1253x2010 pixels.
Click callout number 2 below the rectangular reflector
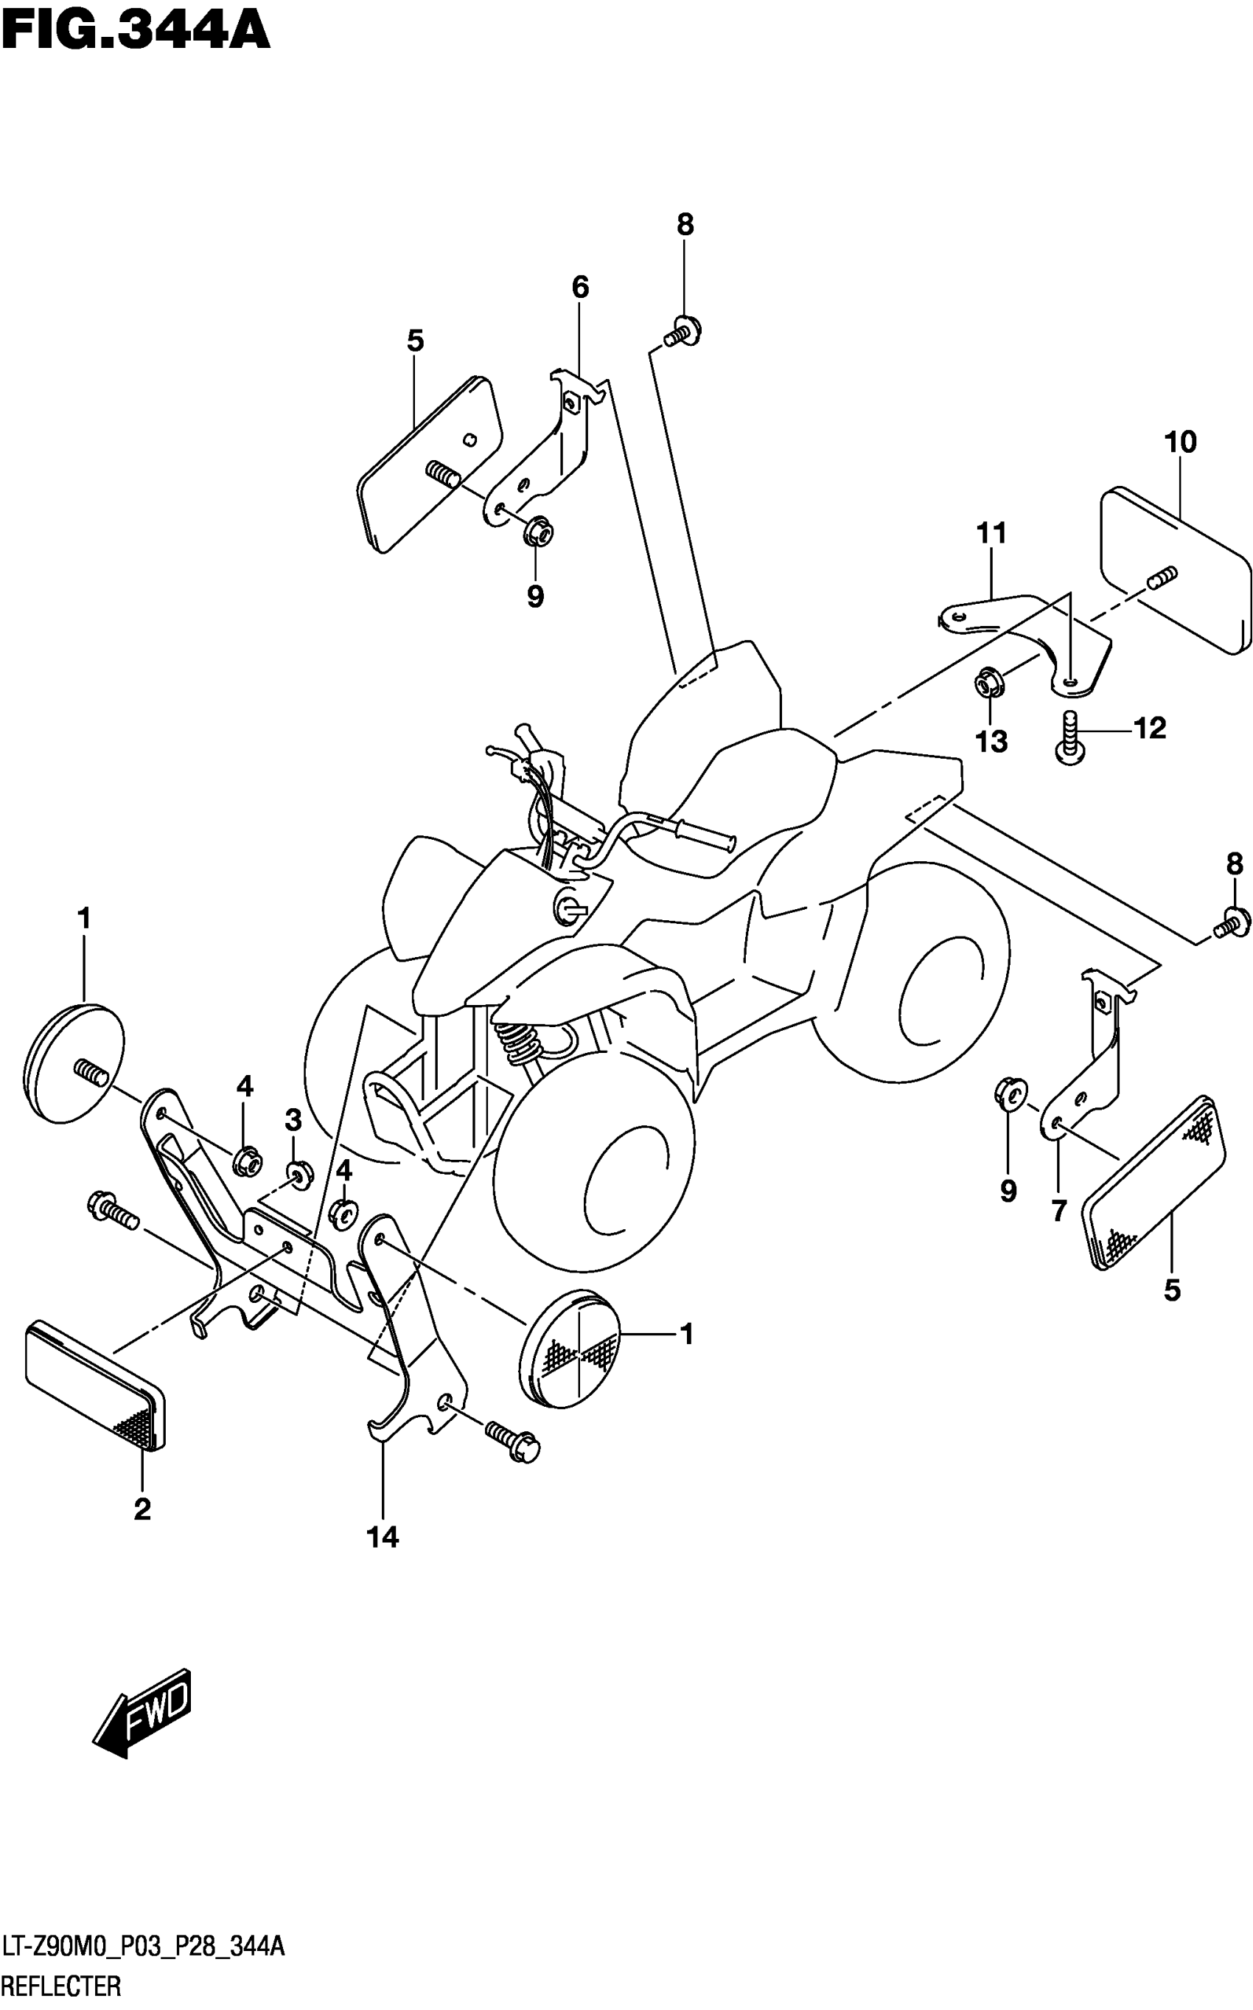point(142,1509)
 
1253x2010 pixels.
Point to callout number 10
point(1180,442)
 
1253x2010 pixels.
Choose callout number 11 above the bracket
point(992,533)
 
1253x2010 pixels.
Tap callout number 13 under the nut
point(991,740)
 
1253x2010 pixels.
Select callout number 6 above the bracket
point(580,288)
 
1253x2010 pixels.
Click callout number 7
point(1058,1211)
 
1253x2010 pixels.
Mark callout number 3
point(293,1121)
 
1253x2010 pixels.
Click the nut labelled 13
point(988,682)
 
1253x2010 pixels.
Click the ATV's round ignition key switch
point(568,905)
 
